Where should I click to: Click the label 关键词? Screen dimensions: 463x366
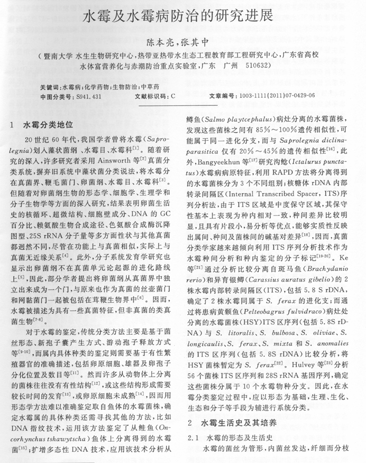coord(50,86)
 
